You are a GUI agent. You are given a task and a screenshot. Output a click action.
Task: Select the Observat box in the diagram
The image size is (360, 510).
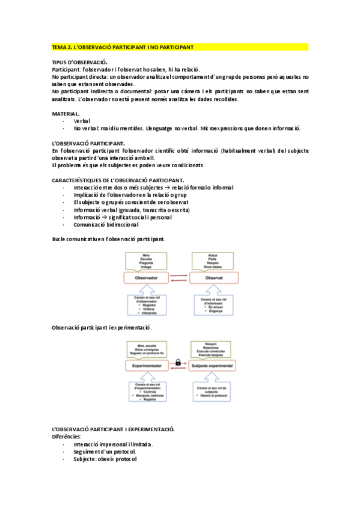coord(214,278)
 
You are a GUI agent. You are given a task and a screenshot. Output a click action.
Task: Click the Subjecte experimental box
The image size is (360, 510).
coord(215,365)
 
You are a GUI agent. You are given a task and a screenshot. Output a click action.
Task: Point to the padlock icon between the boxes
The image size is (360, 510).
coord(179,363)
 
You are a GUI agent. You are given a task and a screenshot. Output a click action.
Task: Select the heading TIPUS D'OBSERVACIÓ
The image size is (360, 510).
coord(80,62)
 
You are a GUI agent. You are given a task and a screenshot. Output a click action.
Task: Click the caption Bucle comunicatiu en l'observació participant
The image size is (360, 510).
coord(108,239)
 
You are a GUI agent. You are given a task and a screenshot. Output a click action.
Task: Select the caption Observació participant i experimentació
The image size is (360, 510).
coord(102,327)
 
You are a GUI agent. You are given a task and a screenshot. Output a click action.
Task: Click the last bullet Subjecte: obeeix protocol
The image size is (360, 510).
coord(105,459)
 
